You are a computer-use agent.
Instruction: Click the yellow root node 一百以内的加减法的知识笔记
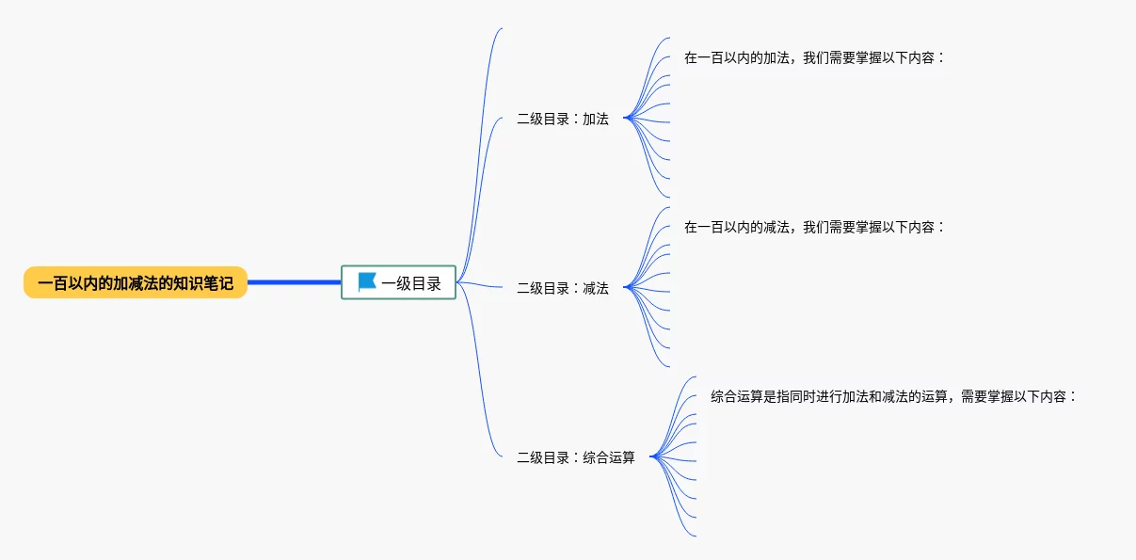point(136,282)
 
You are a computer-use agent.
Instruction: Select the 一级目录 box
point(398,282)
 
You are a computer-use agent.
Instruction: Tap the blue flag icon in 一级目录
point(367,282)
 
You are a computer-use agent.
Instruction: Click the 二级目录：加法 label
point(563,120)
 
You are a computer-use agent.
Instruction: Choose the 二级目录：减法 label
point(563,289)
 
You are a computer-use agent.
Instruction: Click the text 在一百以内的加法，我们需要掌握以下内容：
point(814,57)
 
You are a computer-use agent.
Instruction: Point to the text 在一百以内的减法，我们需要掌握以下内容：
point(814,227)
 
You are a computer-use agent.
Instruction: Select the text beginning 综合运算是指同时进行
point(893,396)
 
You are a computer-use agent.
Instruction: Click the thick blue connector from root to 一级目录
point(294,282)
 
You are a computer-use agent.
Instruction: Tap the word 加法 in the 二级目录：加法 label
point(596,120)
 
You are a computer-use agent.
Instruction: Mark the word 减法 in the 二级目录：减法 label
point(596,289)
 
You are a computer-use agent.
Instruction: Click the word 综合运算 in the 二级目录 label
point(609,458)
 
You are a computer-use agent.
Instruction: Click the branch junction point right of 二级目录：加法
point(625,119)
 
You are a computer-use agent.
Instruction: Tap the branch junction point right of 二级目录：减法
point(625,288)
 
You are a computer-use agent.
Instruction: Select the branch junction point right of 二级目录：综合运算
point(651,457)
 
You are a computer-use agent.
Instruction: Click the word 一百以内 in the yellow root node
point(68,282)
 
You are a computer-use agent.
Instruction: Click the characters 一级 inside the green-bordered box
point(396,282)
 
